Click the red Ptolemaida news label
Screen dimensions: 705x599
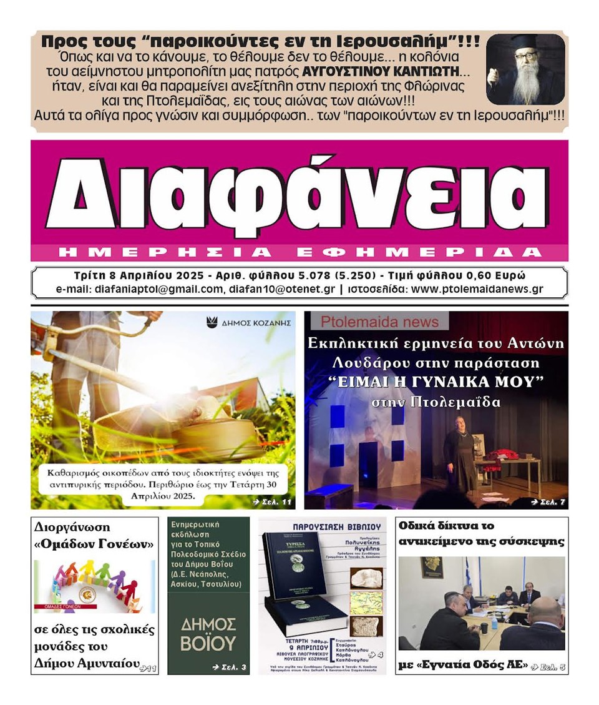(x=376, y=321)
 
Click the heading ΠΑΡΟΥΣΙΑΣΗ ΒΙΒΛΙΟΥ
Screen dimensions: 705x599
(x=322, y=525)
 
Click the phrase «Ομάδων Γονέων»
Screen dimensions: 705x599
(x=94, y=544)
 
